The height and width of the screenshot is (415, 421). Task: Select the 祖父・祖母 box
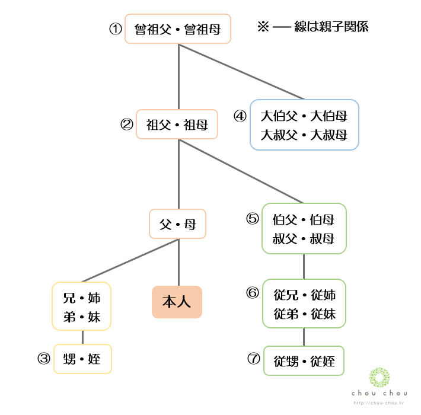point(177,124)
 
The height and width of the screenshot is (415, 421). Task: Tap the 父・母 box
point(178,224)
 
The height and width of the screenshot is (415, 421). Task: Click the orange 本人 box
point(177,302)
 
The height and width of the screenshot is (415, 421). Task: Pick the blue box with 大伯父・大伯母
point(304,124)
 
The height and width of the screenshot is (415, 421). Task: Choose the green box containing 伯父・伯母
point(304,229)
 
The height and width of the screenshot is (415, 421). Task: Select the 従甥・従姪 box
point(304,360)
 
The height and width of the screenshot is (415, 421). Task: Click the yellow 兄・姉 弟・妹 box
point(82,306)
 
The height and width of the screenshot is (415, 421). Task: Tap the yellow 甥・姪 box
point(82,359)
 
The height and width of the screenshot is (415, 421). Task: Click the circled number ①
point(115,29)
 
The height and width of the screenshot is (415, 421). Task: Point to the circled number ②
point(126,124)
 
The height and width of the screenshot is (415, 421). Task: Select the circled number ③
point(43,359)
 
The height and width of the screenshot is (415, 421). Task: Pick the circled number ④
point(240,116)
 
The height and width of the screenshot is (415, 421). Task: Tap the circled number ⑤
point(253,219)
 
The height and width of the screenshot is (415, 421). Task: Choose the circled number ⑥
point(253,293)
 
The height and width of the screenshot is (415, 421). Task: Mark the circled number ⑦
point(254,359)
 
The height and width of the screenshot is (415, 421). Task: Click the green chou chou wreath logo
point(379,378)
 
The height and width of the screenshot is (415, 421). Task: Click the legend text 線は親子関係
point(331,27)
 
